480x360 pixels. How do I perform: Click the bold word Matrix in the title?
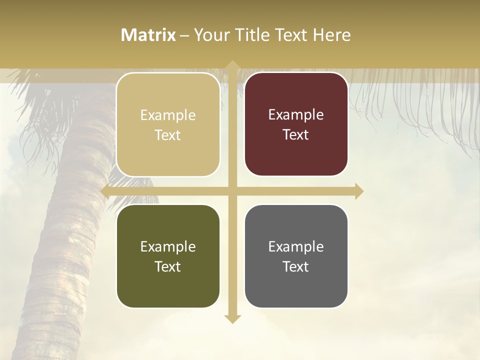148,35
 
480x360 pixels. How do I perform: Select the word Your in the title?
210,35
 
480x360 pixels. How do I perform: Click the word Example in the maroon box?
296,115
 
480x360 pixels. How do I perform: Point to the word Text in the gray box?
296,266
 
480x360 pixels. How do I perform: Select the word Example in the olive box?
167,247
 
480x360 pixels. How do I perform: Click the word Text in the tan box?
167,135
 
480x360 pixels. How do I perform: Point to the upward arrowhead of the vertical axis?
232,65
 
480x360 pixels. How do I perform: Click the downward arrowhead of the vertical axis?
232,318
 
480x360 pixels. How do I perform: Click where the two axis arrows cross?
232,191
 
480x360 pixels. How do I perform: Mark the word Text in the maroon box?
296,135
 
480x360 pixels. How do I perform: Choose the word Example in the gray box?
296,247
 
